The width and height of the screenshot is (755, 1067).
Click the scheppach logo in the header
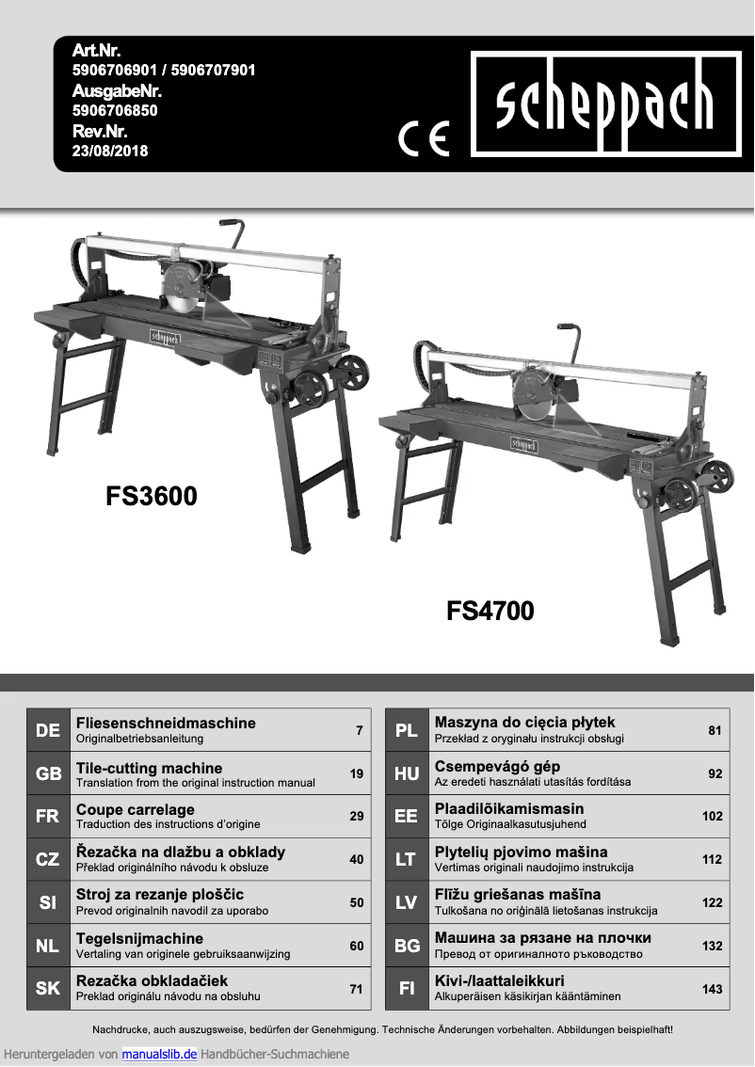pyautogui.click(x=605, y=104)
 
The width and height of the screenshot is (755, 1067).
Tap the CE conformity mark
pyautogui.click(x=424, y=138)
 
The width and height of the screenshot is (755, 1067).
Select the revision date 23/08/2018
pyautogui.click(x=110, y=151)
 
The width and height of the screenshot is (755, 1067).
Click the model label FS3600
pyautogui.click(x=152, y=496)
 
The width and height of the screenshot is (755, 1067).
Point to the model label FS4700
pyautogui.click(x=490, y=612)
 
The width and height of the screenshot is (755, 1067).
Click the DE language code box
pyautogui.click(x=48, y=730)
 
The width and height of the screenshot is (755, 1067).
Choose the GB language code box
pyautogui.click(x=48, y=773)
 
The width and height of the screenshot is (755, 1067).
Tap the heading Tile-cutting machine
pyautogui.click(x=149, y=768)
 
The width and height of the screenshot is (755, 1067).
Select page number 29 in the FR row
pyautogui.click(x=356, y=816)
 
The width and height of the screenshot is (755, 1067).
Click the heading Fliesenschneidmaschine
pyautogui.click(x=166, y=723)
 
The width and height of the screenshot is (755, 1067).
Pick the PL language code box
pyautogui.click(x=407, y=730)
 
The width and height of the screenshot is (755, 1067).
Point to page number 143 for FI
pyautogui.click(x=713, y=989)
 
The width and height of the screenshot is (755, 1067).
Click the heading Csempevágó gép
pyautogui.click(x=497, y=767)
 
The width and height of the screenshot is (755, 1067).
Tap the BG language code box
pyautogui.click(x=407, y=946)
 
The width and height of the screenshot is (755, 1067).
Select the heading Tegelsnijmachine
pyautogui.click(x=139, y=938)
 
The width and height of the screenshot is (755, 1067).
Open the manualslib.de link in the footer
pyautogui.click(x=159, y=1054)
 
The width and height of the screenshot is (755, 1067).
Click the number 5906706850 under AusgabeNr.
pyautogui.click(x=115, y=110)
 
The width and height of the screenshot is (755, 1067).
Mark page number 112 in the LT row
pyautogui.click(x=713, y=859)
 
